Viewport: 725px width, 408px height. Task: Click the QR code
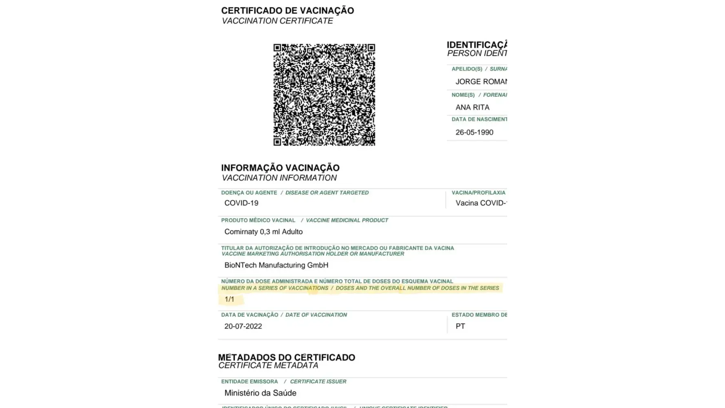click(x=324, y=95)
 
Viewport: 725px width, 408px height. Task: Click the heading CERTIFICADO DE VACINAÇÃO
click(x=287, y=11)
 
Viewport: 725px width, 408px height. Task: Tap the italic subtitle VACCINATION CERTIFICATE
click(x=277, y=21)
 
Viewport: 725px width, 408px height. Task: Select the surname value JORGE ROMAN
click(x=481, y=82)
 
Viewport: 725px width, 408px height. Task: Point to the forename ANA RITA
click(x=472, y=107)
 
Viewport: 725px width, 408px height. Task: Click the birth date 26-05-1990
click(x=474, y=132)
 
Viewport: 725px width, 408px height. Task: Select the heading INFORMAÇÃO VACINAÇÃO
click(x=280, y=168)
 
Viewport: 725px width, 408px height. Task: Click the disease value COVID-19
click(x=241, y=203)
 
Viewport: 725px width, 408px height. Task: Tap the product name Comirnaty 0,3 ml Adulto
click(x=263, y=232)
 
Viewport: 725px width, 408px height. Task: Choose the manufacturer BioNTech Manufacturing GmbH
click(x=276, y=265)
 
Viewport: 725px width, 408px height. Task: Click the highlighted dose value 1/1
click(x=230, y=299)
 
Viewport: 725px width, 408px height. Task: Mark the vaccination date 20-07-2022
click(x=243, y=326)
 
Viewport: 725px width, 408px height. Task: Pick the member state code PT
click(x=460, y=326)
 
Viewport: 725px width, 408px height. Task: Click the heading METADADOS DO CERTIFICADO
click(x=287, y=357)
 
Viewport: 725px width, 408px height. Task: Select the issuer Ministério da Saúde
click(x=260, y=393)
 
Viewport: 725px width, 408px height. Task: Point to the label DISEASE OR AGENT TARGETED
click(x=327, y=193)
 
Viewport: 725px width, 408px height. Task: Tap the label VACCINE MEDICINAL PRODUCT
click(x=347, y=220)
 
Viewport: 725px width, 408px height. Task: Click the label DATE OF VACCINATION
click(x=316, y=315)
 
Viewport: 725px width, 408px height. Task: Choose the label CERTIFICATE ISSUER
click(x=318, y=381)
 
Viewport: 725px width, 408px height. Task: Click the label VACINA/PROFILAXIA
click(x=478, y=193)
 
